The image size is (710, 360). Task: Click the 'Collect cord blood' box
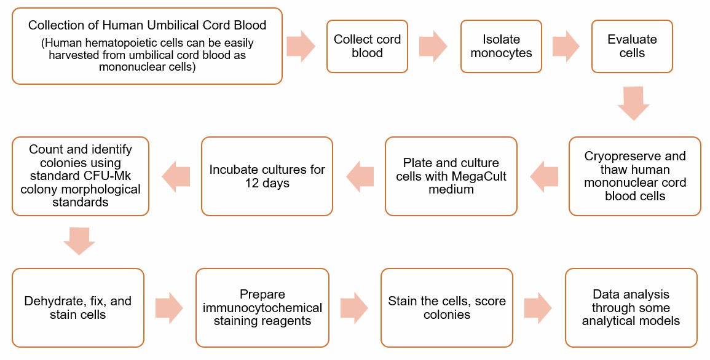[x=367, y=47]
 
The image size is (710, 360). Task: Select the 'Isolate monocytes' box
[x=501, y=47]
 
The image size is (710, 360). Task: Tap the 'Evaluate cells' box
[x=632, y=47]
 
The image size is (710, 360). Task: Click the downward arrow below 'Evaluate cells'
[x=633, y=103]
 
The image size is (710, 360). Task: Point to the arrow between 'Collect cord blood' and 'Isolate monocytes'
[x=433, y=47]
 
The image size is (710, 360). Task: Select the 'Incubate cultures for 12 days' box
[x=267, y=176]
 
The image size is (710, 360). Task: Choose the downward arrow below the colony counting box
[x=79, y=240]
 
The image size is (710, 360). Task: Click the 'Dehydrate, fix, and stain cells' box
[x=78, y=308]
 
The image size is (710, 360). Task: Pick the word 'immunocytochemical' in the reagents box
[x=262, y=308]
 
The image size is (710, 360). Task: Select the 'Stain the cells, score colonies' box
[x=447, y=308]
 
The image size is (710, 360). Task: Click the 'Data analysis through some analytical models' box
[x=631, y=308]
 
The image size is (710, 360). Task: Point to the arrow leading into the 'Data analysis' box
[x=538, y=308]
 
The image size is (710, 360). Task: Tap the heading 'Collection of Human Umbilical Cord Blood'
[x=148, y=26]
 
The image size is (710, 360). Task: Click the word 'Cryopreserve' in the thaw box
[x=618, y=156]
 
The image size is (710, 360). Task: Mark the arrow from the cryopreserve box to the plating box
[x=544, y=176]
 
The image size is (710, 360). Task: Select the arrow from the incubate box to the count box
[x=176, y=176]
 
